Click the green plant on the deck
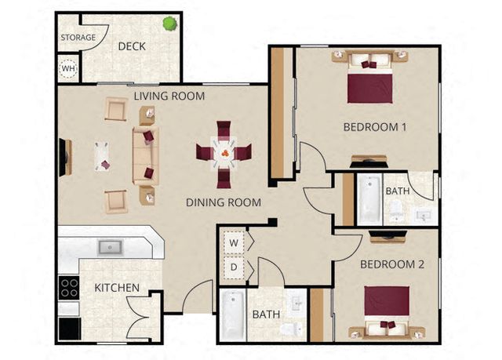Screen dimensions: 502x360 click(170, 24)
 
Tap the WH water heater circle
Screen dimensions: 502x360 click(68, 68)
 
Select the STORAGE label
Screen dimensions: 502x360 click(78, 38)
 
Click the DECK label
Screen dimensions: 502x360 click(132, 46)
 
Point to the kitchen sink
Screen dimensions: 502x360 click(111, 247)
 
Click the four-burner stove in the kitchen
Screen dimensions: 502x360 click(69, 288)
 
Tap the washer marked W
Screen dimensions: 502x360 click(234, 242)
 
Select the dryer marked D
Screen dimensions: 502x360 click(234, 267)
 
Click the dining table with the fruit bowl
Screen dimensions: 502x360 click(224, 153)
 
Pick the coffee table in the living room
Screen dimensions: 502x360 click(102, 157)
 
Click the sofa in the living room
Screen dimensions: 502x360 click(146, 156)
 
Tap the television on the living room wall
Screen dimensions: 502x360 click(64, 157)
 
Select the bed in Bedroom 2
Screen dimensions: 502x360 click(387, 311)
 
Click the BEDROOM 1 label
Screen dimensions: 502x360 click(375, 127)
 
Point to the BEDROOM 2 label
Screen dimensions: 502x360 click(392, 264)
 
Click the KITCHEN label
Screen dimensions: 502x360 click(117, 288)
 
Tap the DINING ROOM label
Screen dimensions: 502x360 click(224, 202)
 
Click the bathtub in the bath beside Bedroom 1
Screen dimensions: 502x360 click(369, 199)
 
